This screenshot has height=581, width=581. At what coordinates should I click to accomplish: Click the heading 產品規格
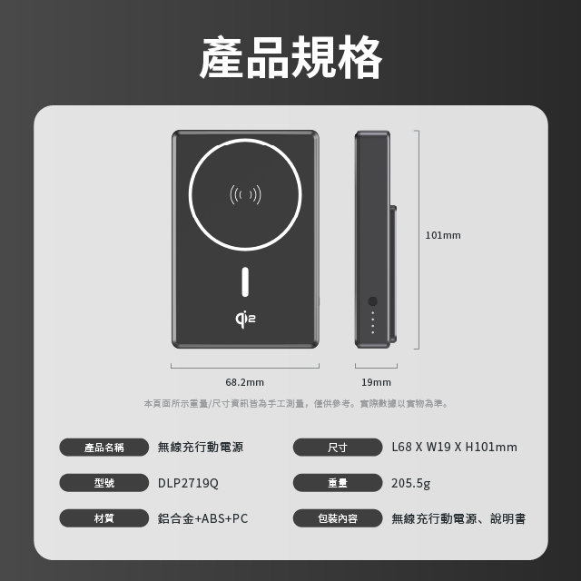(290, 56)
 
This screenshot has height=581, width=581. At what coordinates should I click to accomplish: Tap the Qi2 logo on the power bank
(245, 320)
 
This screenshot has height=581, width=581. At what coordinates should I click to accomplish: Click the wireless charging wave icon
(245, 194)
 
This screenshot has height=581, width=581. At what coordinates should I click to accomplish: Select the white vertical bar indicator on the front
(245, 282)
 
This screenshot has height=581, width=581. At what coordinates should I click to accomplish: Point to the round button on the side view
(373, 300)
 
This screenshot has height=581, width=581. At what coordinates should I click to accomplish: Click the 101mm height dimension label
(443, 235)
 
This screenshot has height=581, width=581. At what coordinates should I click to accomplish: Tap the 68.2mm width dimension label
(244, 382)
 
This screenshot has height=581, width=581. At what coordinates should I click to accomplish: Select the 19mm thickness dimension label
(376, 382)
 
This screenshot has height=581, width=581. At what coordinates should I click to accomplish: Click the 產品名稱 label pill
(103, 448)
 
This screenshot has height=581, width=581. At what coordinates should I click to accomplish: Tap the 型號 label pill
(103, 483)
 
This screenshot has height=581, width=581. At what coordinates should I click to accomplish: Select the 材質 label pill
(103, 518)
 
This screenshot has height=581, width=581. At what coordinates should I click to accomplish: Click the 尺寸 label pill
(338, 448)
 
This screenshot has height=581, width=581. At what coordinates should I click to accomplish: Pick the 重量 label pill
(338, 483)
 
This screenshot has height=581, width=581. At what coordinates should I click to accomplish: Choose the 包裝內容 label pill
(338, 518)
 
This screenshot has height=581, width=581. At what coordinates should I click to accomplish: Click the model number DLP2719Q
(188, 483)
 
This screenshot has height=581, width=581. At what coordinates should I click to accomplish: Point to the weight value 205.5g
(411, 483)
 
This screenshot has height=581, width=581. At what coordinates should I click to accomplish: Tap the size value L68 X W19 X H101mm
(454, 448)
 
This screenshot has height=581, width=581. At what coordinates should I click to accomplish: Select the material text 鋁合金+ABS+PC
(202, 518)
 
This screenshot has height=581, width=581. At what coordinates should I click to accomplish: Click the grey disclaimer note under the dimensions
(296, 403)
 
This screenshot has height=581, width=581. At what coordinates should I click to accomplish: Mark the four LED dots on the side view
(373, 322)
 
